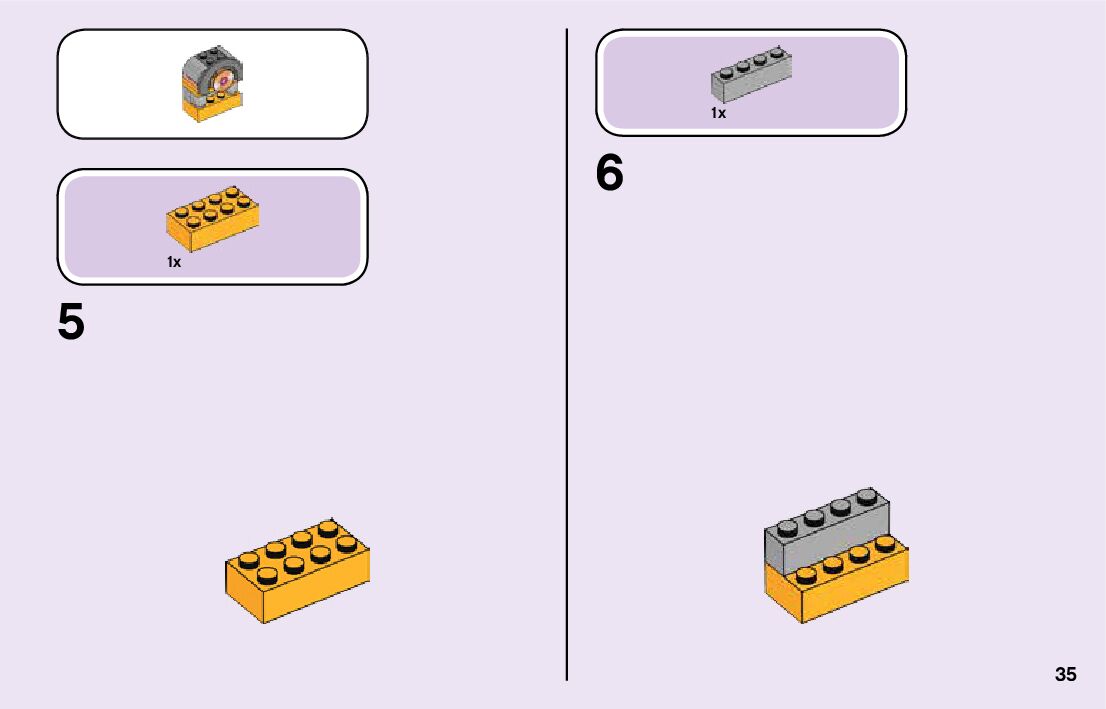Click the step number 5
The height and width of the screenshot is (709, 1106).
pos(71,323)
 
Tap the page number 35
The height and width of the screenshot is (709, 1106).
pos(1065,674)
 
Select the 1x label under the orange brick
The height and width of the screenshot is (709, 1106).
pos(174,262)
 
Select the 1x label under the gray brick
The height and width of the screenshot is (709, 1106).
pos(718,113)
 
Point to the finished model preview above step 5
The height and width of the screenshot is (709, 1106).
pos(211,85)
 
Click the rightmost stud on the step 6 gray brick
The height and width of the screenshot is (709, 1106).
pos(867,495)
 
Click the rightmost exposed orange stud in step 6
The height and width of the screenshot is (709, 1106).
pos(884,544)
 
